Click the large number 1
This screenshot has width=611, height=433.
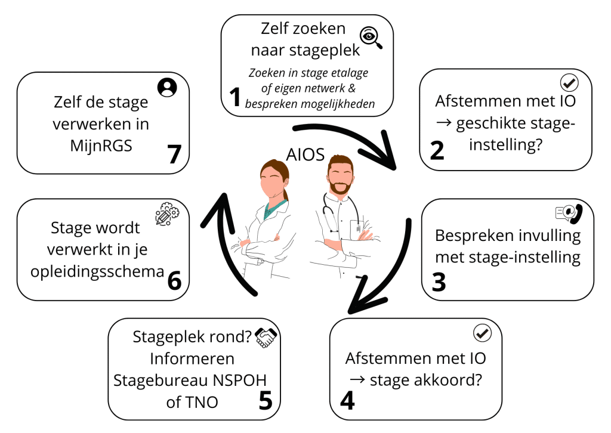tap(234, 98)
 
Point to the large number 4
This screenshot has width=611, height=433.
tap(347, 400)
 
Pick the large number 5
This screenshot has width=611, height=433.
tap(265, 400)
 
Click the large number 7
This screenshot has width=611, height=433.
tap(174, 154)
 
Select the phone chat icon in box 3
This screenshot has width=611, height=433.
tap(567, 212)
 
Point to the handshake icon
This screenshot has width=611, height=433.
tap(266, 338)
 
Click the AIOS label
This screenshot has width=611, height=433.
tap(305, 155)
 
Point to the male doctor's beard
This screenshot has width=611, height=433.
tap(341, 187)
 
